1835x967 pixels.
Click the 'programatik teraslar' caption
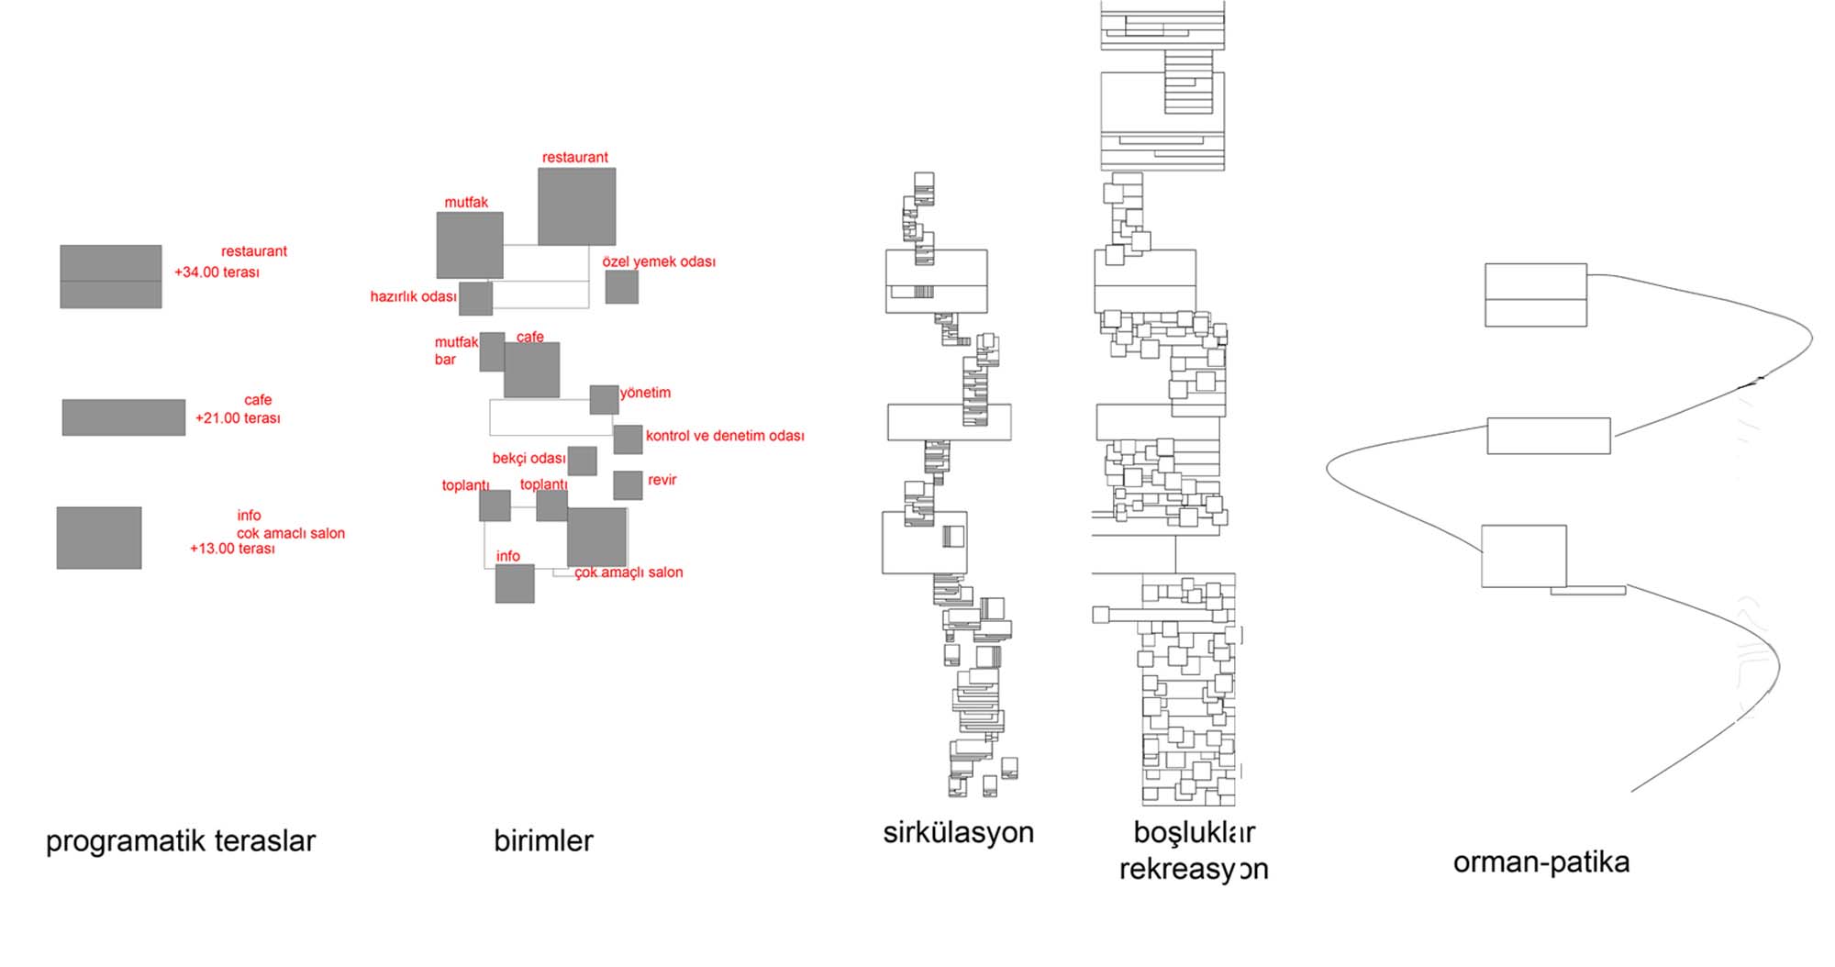(x=181, y=840)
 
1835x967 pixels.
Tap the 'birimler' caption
(x=543, y=840)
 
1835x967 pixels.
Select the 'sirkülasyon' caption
(x=958, y=832)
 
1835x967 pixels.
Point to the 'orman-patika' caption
(x=1540, y=862)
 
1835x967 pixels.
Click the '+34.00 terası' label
(x=217, y=272)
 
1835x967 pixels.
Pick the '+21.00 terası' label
(x=238, y=418)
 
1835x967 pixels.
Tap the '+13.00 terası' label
(x=232, y=549)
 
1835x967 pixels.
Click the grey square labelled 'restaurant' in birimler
(x=576, y=206)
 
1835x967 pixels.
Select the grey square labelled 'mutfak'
(x=469, y=245)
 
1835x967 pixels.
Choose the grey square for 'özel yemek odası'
(x=621, y=287)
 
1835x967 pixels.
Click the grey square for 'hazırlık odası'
(x=475, y=298)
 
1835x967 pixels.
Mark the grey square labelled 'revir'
(x=628, y=485)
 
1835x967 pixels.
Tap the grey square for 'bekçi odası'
(x=582, y=461)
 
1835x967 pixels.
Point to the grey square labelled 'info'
(x=515, y=584)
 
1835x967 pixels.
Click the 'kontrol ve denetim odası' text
(x=724, y=436)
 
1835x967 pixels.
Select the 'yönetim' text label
(x=645, y=393)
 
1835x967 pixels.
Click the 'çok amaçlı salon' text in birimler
(x=628, y=572)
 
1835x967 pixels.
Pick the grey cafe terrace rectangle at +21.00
(x=124, y=417)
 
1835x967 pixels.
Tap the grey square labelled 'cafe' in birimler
(x=531, y=370)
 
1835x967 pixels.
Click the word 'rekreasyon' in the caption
(x=1193, y=869)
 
